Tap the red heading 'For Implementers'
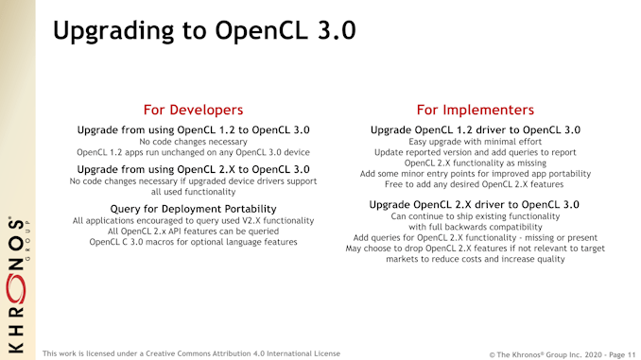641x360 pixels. (x=475, y=110)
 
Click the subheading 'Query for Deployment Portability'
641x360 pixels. (x=193, y=208)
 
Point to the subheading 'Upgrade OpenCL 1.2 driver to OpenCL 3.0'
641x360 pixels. (x=475, y=129)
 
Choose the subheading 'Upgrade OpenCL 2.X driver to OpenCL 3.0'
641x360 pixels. (x=475, y=205)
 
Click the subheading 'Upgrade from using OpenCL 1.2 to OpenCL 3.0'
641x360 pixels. (x=193, y=129)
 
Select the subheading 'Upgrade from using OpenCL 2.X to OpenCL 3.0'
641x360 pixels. (x=193, y=169)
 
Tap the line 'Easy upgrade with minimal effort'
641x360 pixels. (x=475, y=142)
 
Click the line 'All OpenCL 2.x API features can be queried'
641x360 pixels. (x=193, y=231)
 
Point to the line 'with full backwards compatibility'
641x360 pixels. (x=475, y=228)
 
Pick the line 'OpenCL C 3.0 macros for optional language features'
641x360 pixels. (x=193, y=242)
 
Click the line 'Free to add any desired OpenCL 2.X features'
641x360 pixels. (x=475, y=184)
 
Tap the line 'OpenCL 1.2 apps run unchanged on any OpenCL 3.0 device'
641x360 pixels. (x=193, y=152)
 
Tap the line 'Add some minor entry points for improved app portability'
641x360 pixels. (x=475, y=174)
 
